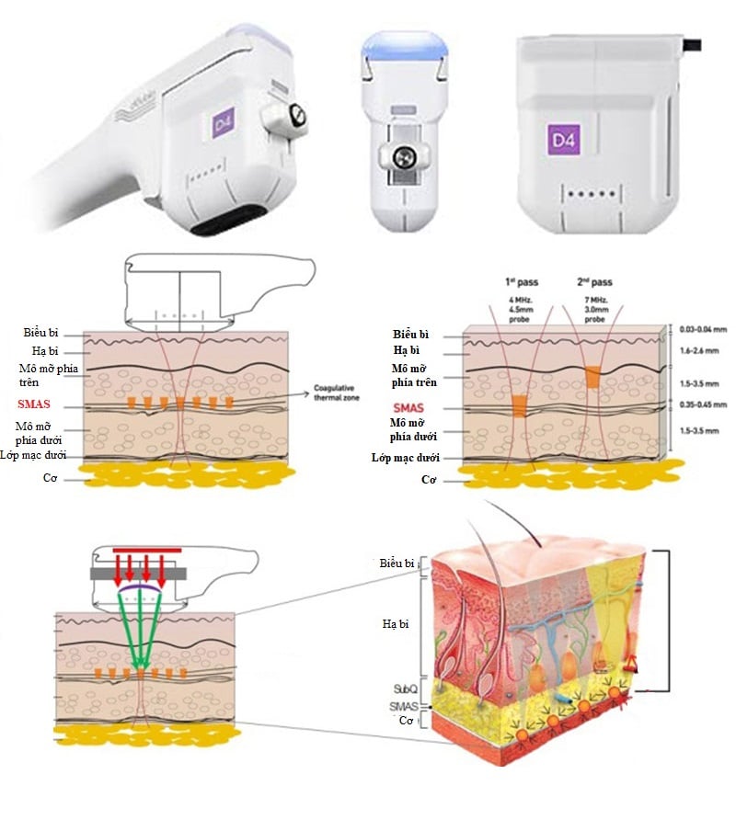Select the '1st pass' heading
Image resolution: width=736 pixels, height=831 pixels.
pyautogui.click(x=521, y=282)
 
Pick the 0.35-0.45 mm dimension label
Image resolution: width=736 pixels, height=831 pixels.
pyautogui.click(x=702, y=404)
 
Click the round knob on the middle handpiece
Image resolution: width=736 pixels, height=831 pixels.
pyautogui.click(x=401, y=158)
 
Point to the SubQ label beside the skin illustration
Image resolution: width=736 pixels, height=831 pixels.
pyautogui.click(x=405, y=688)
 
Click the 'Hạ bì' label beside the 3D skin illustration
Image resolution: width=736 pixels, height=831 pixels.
pyautogui.click(x=397, y=624)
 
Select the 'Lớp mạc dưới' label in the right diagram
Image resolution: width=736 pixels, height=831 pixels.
pyautogui.click(x=407, y=457)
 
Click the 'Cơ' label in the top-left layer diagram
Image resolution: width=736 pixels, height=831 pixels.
pyautogui.click(x=49, y=478)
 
